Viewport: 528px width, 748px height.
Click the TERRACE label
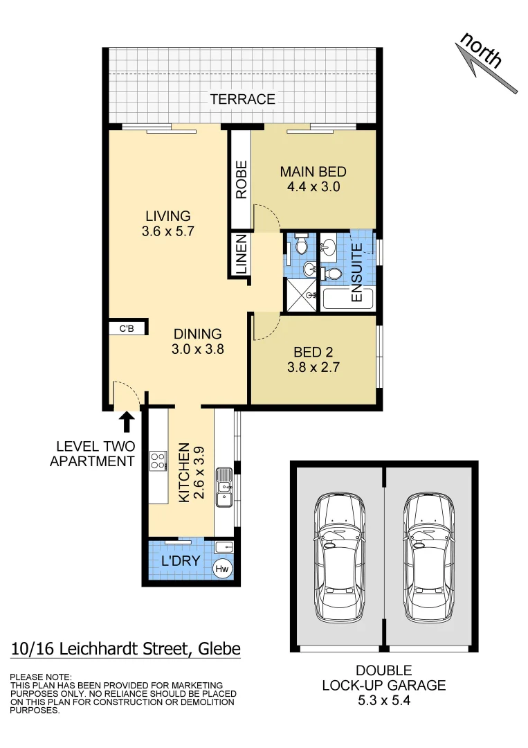pos(242,99)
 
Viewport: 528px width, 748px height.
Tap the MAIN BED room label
pos(313,172)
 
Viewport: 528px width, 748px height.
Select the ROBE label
pos(241,180)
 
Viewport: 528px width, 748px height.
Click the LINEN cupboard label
pos(241,256)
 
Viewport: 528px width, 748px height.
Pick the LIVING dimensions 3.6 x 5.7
pos(167,231)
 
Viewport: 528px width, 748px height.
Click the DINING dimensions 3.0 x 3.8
pos(197,350)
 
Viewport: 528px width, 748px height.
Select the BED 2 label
pos(313,352)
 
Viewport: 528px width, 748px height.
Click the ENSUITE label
pos(357,272)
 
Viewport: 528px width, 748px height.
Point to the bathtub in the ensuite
pos(346,299)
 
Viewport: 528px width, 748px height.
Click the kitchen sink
pos(224,486)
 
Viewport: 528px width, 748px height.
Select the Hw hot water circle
pos(222,569)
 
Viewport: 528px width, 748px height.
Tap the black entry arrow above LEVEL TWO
pos(127,421)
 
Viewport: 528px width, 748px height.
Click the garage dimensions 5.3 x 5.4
pos(383,701)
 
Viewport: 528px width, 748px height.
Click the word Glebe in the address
pos(219,649)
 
